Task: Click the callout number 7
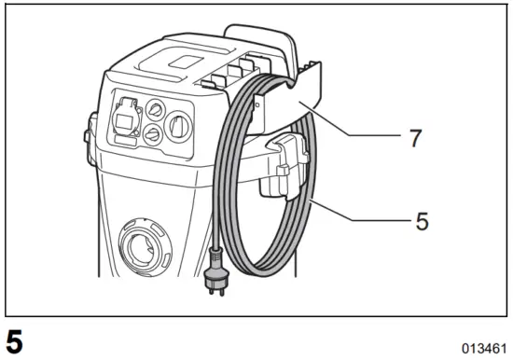[415, 139]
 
